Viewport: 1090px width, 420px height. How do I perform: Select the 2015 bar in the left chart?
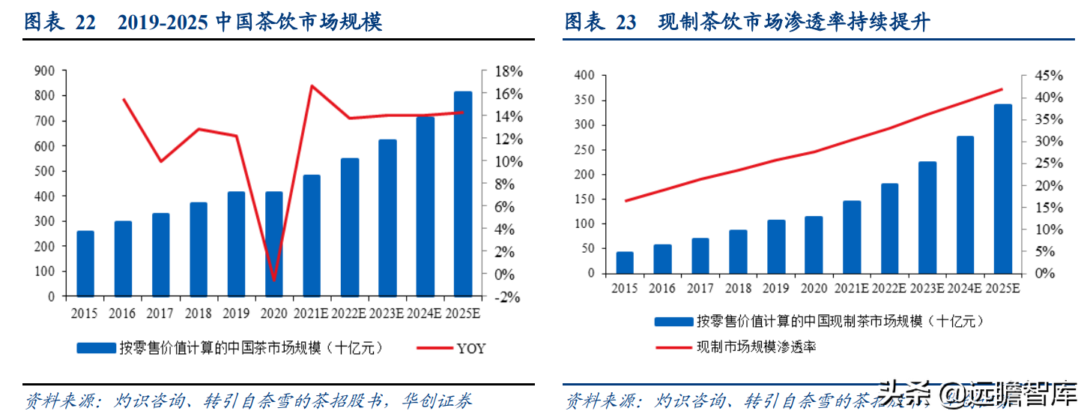[85, 263]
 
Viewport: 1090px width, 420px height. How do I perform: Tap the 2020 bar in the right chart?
[814, 245]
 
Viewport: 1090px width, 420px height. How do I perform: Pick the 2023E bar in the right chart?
[927, 217]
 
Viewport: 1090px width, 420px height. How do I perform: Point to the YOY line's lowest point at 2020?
[274, 280]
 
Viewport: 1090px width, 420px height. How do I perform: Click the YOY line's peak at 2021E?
[312, 85]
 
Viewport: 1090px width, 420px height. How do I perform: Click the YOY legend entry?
[470, 348]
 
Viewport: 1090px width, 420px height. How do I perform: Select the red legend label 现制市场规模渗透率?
[756, 346]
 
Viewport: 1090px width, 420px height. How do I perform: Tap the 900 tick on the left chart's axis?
[45, 70]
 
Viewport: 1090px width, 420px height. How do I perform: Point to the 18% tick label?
[509, 71]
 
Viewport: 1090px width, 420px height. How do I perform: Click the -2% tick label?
[507, 296]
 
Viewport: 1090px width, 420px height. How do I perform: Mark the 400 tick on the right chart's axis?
[584, 76]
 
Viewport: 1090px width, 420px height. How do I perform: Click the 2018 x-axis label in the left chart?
[198, 313]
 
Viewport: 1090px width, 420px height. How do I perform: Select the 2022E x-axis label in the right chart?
[890, 287]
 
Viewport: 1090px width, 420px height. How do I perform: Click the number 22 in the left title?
[85, 22]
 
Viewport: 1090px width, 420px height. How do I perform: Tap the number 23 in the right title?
[626, 22]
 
